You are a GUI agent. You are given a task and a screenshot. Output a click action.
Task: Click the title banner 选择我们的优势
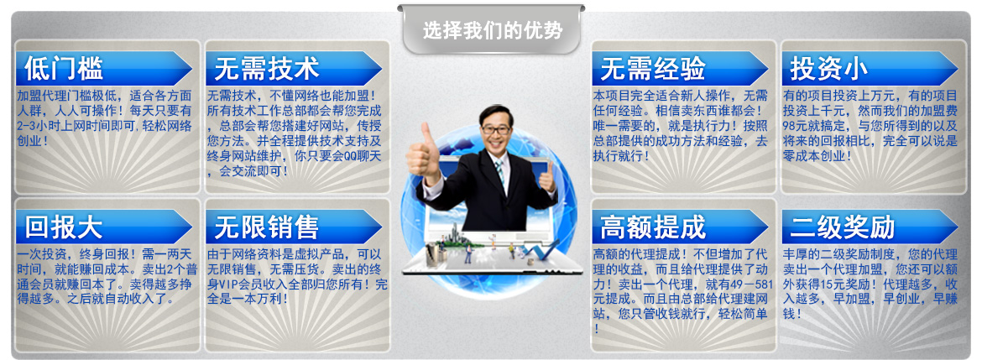[x=491, y=29]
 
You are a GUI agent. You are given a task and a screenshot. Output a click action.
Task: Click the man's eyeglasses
[x=496, y=129]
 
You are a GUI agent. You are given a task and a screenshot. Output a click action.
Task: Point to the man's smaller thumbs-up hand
[x=546, y=177]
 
